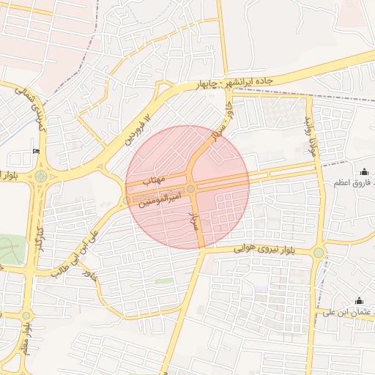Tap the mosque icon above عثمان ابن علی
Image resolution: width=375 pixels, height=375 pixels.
click(359, 301)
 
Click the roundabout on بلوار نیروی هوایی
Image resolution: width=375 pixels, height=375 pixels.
click(319, 253)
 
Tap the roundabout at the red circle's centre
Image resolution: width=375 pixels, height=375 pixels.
click(190, 189)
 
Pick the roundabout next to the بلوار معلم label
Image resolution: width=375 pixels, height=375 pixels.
click(26, 316)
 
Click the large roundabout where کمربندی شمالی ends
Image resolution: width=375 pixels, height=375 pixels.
click(40, 177)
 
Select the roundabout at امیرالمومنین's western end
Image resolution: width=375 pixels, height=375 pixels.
click(127, 199)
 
